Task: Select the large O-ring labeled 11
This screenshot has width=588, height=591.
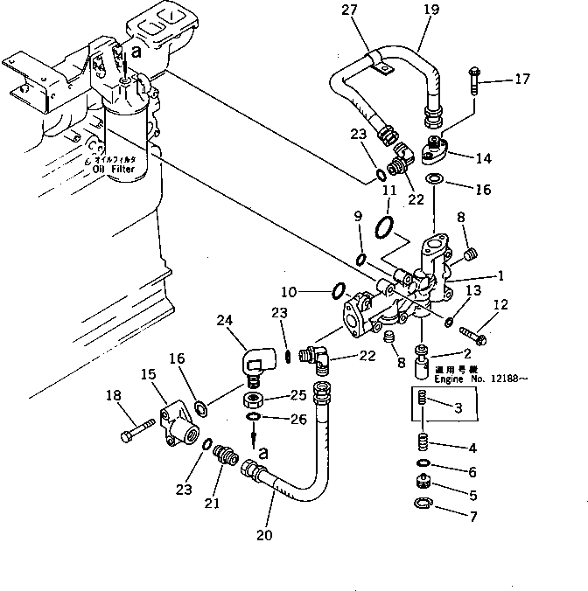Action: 382,229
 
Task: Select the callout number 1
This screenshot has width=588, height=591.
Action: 501,275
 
